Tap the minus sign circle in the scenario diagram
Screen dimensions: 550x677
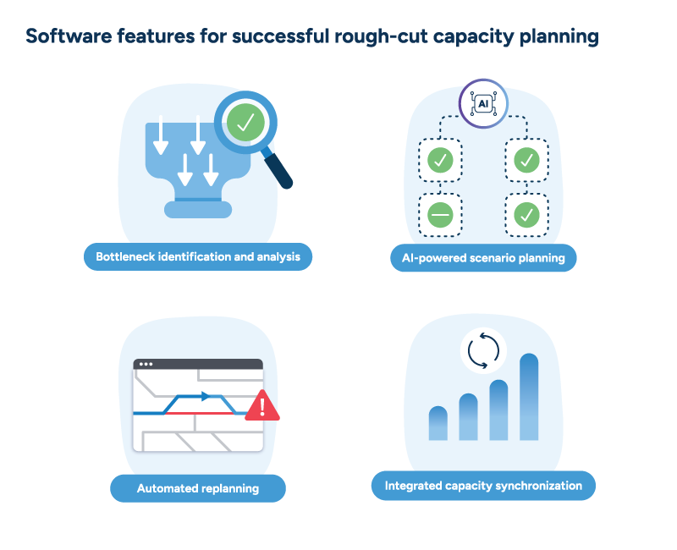[440, 215]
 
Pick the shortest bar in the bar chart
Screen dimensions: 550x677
[438, 423]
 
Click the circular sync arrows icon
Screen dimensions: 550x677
[483, 351]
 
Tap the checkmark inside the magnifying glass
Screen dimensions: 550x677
[245, 124]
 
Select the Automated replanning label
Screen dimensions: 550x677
[198, 488]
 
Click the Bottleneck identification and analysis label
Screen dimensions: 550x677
[198, 256]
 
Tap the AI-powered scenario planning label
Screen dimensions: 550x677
[483, 257]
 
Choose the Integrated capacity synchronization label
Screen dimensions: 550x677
[483, 486]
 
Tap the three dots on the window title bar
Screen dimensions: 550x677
[146, 365]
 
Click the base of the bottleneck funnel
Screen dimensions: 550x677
[197, 208]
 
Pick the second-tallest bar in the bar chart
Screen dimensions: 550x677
[498, 410]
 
